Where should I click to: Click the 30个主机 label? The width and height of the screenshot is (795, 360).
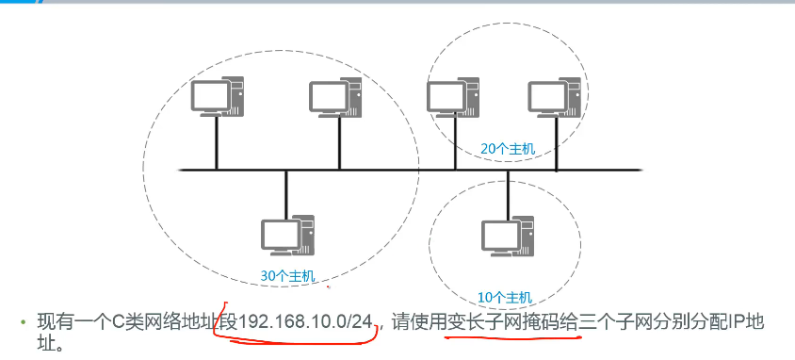pos(289,276)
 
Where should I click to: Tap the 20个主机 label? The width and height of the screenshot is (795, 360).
pos(508,149)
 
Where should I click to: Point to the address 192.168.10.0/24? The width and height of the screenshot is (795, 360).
pos(306,322)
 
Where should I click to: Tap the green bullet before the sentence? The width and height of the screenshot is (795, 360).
pos(24,323)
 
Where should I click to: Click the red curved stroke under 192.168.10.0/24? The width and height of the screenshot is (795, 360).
pos(292,341)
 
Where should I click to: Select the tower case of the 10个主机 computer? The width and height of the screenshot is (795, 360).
pos(524,236)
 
